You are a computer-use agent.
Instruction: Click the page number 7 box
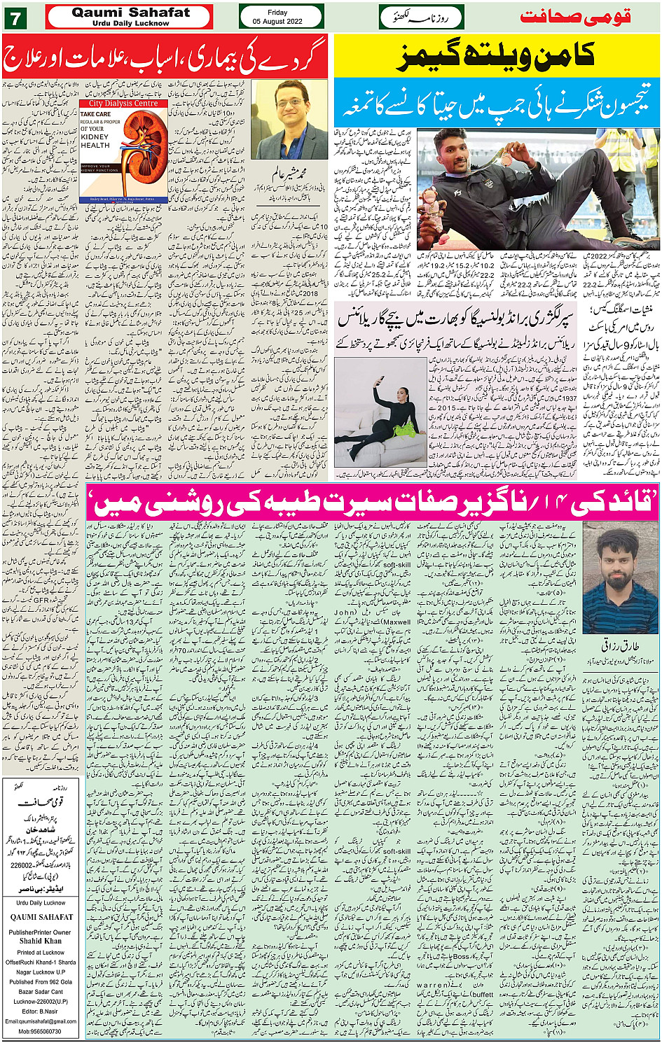click(x=15, y=16)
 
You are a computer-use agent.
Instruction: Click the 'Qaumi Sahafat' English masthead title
click(x=130, y=12)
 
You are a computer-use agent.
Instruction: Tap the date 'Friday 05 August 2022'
click(x=277, y=17)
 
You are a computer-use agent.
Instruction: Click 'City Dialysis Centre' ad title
click(x=123, y=104)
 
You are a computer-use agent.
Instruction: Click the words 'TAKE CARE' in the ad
click(x=95, y=113)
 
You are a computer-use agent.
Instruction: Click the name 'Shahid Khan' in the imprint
click(x=41, y=941)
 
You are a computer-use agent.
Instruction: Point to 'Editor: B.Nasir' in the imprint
click(x=41, y=1011)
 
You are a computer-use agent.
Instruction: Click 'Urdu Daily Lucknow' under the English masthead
click(x=130, y=23)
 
